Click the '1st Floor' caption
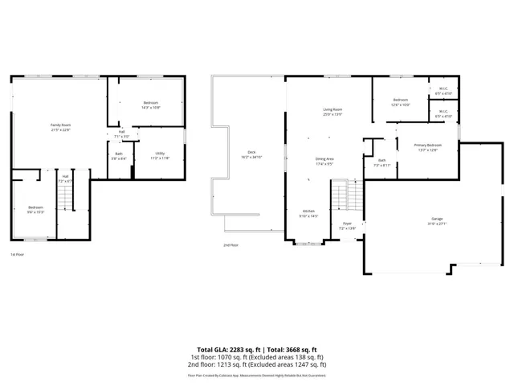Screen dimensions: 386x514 coord(17,254)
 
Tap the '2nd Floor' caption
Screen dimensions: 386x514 coord(231,245)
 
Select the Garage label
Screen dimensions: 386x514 coord(438,219)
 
